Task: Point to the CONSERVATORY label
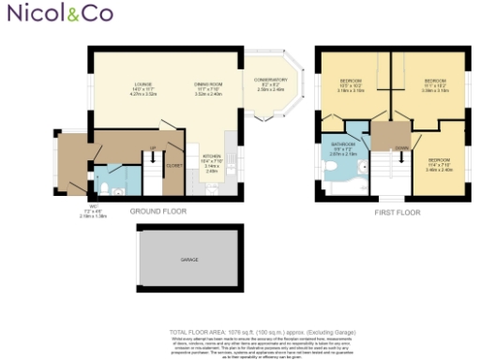point(270,84)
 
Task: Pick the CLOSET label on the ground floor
point(173,164)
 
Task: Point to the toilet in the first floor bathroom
point(327,165)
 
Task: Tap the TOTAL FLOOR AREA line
point(240,333)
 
